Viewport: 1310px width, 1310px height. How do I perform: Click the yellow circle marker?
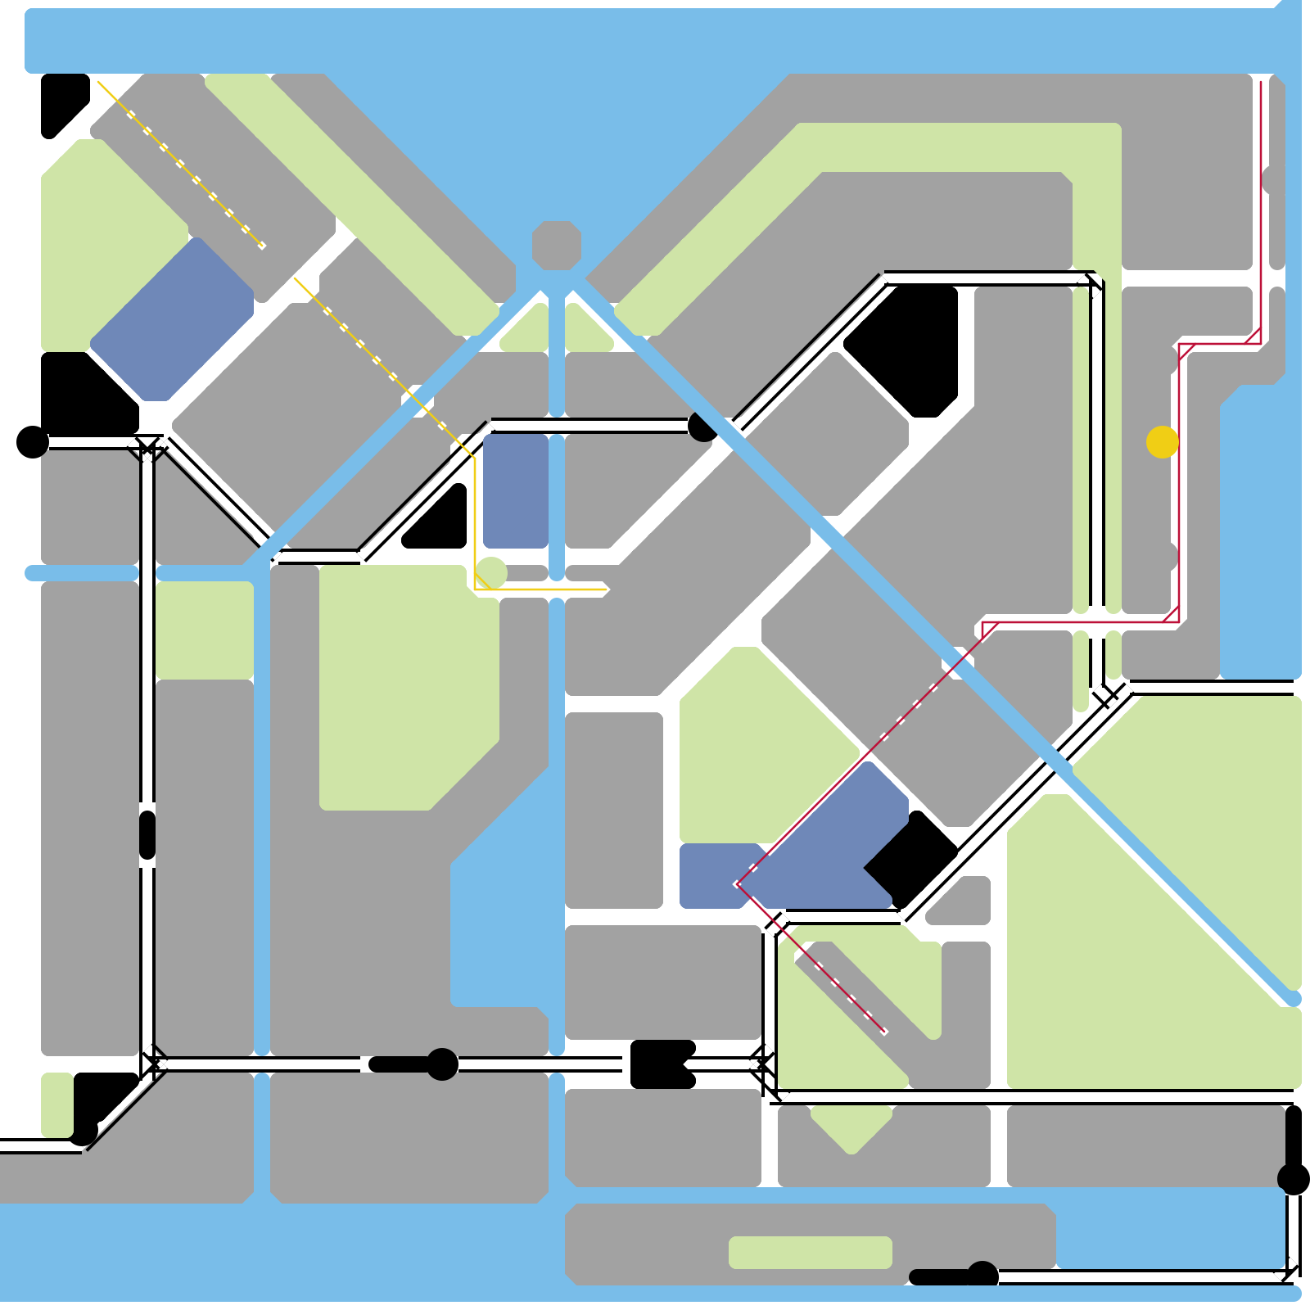point(1162,442)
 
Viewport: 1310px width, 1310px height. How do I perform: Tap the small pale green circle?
point(491,572)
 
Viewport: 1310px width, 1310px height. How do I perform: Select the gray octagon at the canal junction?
point(557,245)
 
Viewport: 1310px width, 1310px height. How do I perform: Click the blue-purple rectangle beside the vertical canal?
point(516,490)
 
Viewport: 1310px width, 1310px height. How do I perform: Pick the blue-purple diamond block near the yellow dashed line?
point(172,319)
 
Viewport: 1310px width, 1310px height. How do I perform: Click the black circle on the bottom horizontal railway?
point(442,1064)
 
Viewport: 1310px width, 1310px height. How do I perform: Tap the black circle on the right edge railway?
point(1293,1179)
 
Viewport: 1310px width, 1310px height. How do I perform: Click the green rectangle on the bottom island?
point(810,1252)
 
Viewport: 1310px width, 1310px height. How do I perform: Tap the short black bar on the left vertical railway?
point(147,835)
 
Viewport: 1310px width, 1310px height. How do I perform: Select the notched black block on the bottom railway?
point(659,1064)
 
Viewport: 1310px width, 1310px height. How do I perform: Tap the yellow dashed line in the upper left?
point(180,164)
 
